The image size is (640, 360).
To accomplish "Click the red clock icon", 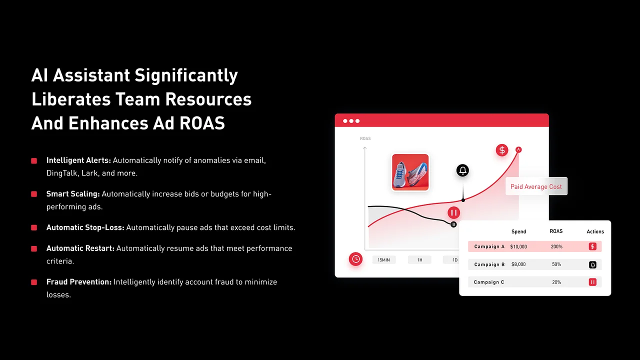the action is click(355, 259).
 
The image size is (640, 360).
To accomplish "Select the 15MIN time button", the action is click(383, 260).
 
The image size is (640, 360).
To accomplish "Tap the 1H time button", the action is click(419, 260).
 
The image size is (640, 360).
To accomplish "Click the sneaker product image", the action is click(410, 172).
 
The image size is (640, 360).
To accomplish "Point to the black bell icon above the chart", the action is click(462, 170).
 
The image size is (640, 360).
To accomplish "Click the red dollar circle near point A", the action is click(502, 150).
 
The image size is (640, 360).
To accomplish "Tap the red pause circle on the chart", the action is click(453, 212).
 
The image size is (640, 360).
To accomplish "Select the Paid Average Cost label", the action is click(536, 186).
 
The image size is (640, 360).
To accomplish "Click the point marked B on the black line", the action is click(453, 224).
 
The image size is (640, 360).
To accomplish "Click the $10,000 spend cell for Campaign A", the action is click(518, 246).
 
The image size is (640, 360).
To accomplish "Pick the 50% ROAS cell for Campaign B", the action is click(556, 264).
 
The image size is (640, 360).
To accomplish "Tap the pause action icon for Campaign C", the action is click(592, 282).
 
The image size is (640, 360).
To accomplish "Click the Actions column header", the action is click(595, 231).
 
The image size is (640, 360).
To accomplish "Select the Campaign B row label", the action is click(489, 264).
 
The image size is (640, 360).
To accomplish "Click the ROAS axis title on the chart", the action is click(365, 138).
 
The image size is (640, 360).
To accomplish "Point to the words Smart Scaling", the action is click(73, 194).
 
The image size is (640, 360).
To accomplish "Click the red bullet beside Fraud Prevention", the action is click(34, 282).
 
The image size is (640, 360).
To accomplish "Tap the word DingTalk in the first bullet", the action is click(61, 173).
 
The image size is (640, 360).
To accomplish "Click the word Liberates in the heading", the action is click(71, 99).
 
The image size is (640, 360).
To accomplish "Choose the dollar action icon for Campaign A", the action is click(592, 246).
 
